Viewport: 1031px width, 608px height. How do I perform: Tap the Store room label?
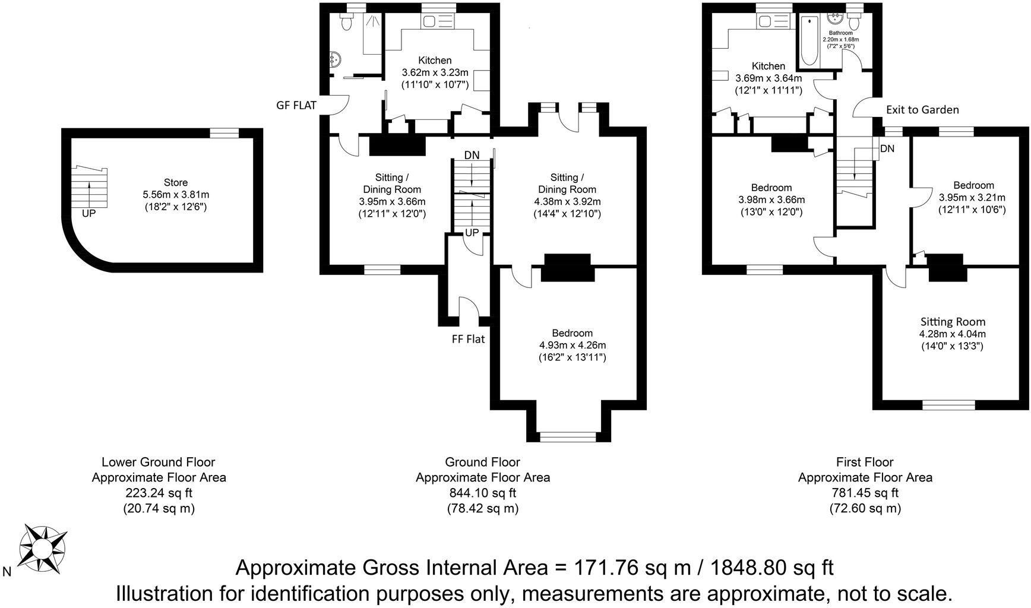[176, 183]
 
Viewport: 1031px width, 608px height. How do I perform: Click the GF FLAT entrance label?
[296, 105]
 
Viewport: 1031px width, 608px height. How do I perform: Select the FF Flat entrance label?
[467, 339]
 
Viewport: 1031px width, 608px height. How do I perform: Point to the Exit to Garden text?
[922, 109]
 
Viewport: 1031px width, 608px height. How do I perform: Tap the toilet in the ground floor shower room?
[346, 23]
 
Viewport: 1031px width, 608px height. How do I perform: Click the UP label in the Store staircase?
[88, 213]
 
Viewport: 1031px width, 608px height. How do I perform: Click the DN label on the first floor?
[887, 148]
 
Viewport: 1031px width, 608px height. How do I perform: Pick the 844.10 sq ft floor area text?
[482, 493]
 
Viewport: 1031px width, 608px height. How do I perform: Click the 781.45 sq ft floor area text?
[865, 493]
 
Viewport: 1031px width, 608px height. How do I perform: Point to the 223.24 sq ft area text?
[159, 493]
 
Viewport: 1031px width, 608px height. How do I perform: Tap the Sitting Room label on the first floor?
[953, 322]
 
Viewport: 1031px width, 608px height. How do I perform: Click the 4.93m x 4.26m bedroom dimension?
[572, 345]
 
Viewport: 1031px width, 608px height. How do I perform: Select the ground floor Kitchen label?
[435, 61]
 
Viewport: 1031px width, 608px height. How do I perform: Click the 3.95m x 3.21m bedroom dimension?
[972, 198]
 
